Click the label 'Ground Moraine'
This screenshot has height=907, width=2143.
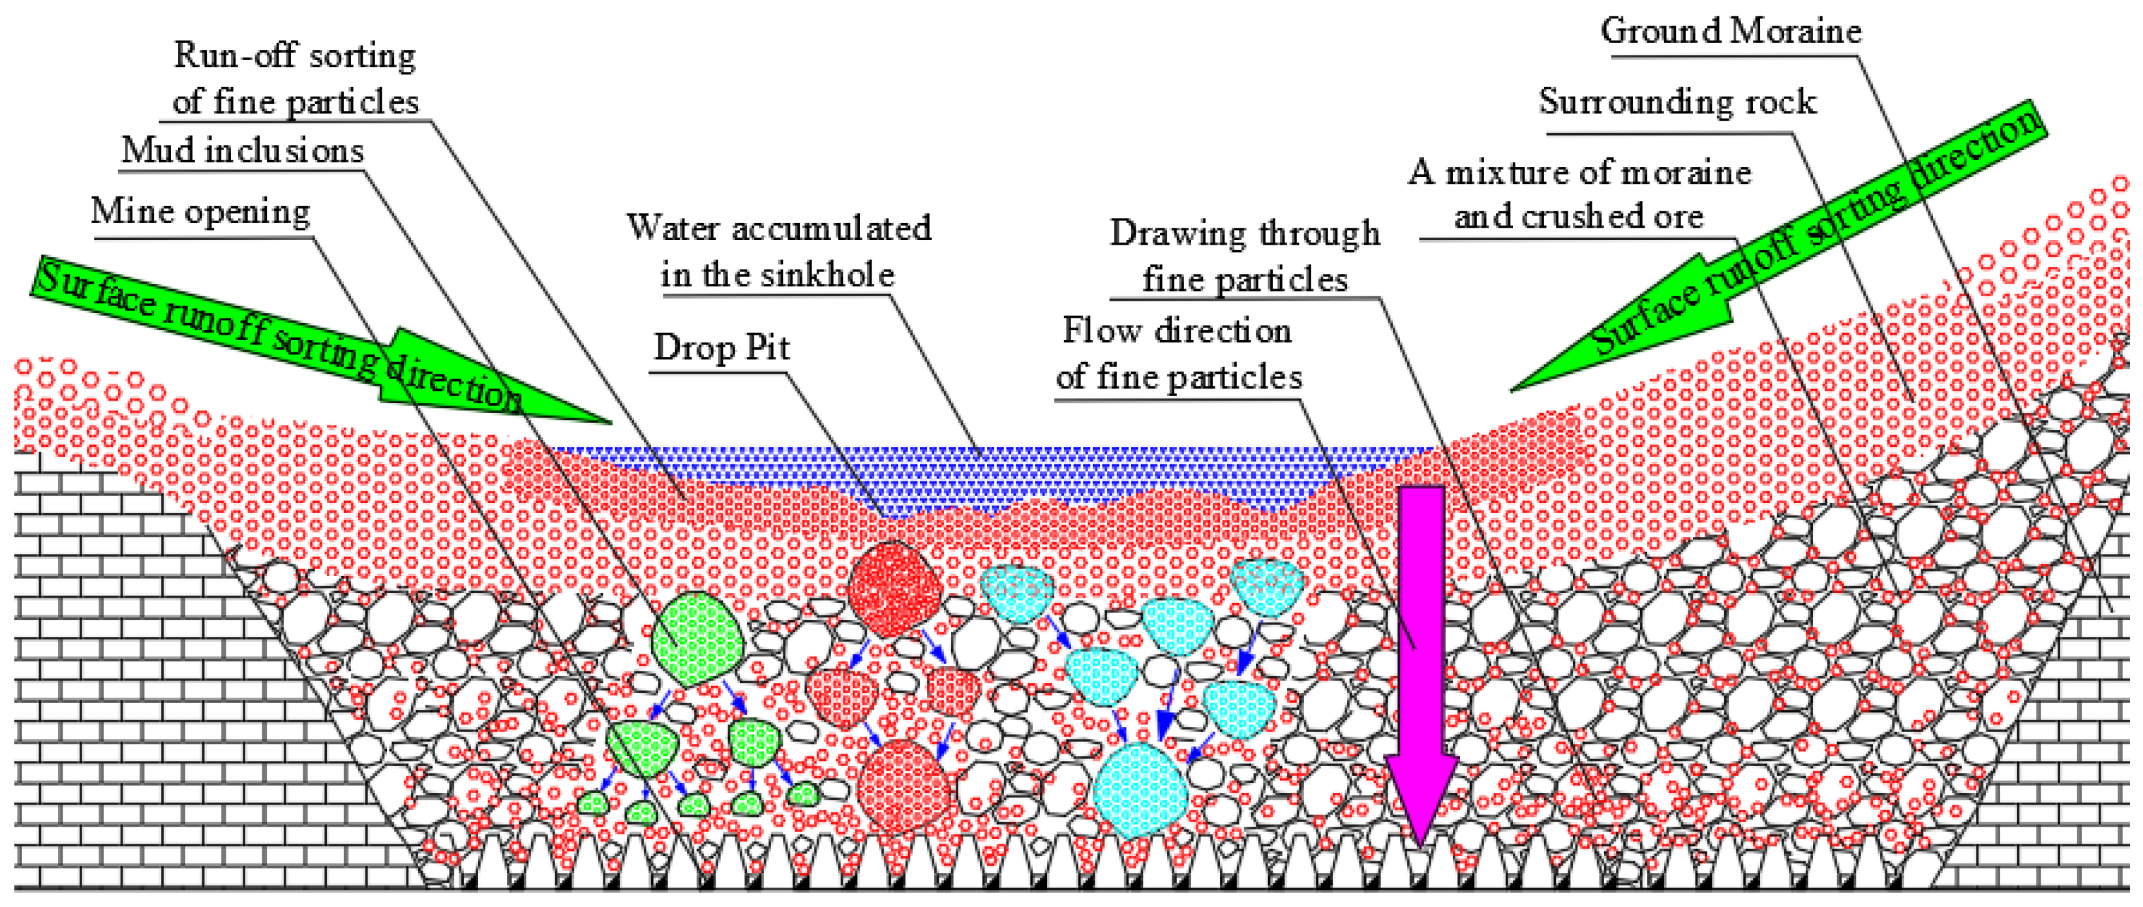[1730, 31]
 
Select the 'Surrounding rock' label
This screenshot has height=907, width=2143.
[1677, 102]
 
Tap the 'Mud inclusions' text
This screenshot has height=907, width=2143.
[242, 151]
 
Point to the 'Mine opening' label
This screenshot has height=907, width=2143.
[200, 212]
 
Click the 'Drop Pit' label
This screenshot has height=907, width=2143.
[722, 348]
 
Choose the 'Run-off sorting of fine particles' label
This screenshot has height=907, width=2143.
[296, 79]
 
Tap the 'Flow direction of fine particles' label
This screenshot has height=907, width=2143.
[1178, 354]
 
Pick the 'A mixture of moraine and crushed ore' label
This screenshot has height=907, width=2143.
[1579, 194]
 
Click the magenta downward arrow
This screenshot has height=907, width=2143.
[1421, 632]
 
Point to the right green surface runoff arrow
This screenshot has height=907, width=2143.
[1789, 250]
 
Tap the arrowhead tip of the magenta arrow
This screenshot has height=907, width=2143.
[1420, 844]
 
